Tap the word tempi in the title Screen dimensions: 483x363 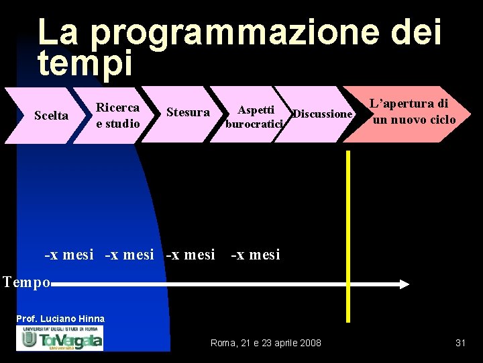85,63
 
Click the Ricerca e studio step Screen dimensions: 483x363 117,115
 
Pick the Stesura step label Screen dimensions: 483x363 188,112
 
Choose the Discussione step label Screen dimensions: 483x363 323,114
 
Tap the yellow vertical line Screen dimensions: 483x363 348,235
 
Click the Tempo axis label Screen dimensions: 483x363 26,282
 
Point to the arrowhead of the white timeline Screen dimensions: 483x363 404,284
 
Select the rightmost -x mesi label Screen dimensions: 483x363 256,254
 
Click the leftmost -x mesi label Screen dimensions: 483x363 69,255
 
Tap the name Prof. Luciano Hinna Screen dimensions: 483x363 60,318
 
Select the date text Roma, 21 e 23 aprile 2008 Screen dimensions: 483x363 266,343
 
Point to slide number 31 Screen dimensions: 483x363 460,343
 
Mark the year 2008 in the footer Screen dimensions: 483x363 310,343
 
